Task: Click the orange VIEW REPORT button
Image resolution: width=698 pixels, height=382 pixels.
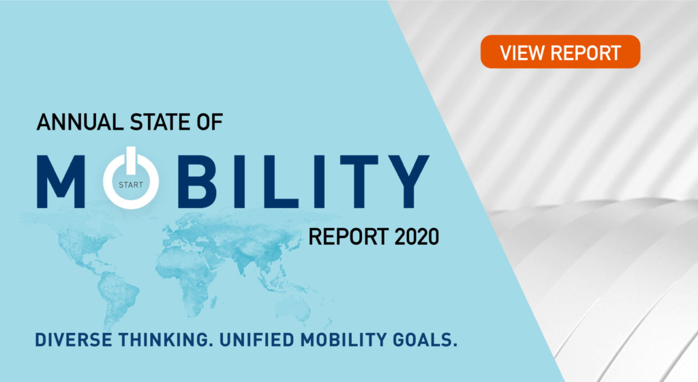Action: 560,52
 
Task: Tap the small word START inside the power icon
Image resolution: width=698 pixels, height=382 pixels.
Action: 131,183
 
